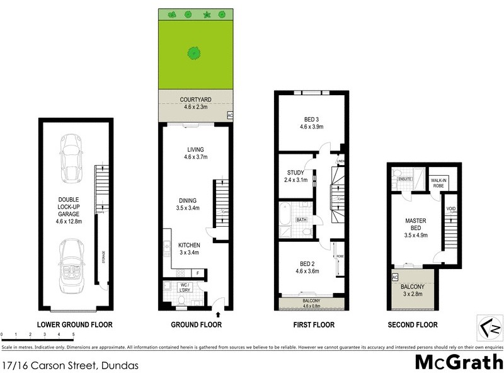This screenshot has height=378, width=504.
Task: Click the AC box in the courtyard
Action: [x=229, y=115]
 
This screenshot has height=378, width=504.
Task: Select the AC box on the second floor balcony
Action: [x=395, y=278]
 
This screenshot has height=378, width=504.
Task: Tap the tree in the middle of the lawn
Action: [x=194, y=54]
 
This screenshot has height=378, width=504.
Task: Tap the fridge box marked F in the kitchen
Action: [x=198, y=272]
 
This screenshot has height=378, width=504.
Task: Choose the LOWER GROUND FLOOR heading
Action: [x=75, y=325]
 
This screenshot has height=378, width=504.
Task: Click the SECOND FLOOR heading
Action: [x=413, y=325]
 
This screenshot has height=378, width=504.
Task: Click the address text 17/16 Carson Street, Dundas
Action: [x=70, y=365]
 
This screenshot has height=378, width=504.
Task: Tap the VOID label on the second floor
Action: [x=450, y=209]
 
